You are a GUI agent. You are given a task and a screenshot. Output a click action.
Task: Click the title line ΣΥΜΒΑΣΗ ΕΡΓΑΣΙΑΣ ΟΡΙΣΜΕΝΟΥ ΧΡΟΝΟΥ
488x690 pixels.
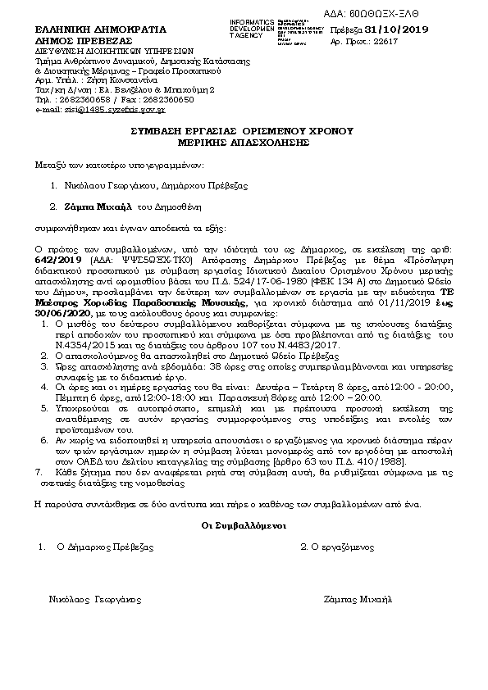(241, 130)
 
